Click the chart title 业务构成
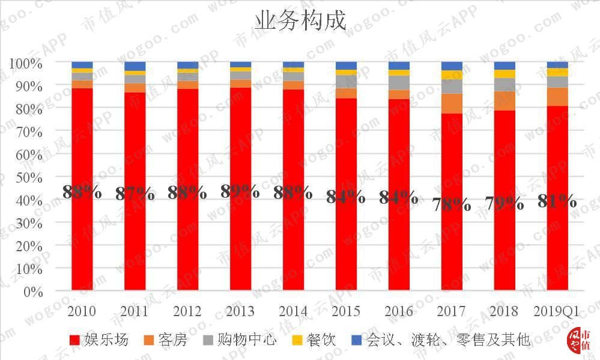(x=300, y=20)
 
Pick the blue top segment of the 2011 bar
(x=135, y=66)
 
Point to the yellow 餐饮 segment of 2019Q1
(x=557, y=72)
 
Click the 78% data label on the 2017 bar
(x=452, y=204)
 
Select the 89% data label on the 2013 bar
(x=240, y=191)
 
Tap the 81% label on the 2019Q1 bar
(x=557, y=201)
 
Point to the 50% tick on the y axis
(x=26, y=177)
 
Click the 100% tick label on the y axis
(x=25, y=63)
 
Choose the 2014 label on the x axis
(x=293, y=311)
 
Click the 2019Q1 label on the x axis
(x=557, y=311)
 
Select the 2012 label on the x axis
(x=187, y=311)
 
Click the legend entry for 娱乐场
(x=99, y=340)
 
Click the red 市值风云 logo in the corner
(x=580, y=340)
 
